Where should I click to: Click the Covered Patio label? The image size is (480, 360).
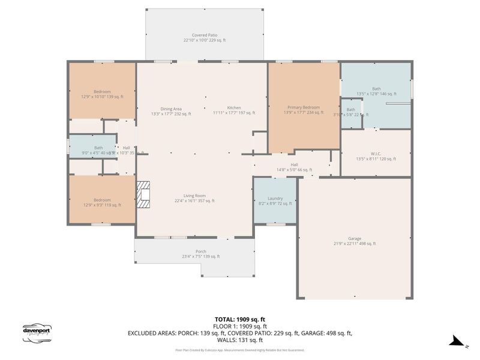point(205,38)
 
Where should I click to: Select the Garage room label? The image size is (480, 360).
point(355,241)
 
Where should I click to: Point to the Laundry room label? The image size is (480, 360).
point(275,201)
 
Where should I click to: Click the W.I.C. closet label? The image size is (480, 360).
point(376,156)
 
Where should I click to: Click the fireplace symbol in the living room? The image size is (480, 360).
point(143,195)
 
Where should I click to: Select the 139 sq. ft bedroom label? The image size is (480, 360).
point(102,94)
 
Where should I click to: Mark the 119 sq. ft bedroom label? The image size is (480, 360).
point(101,202)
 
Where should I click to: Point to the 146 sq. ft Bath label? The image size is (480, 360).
point(376,91)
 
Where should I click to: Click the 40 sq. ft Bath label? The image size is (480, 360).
point(98,150)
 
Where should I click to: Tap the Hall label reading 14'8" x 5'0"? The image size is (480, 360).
point(294,167)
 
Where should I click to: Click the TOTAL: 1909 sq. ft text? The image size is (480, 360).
point(239,320)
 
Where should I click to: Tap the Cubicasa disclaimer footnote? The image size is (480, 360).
point(239,350)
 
